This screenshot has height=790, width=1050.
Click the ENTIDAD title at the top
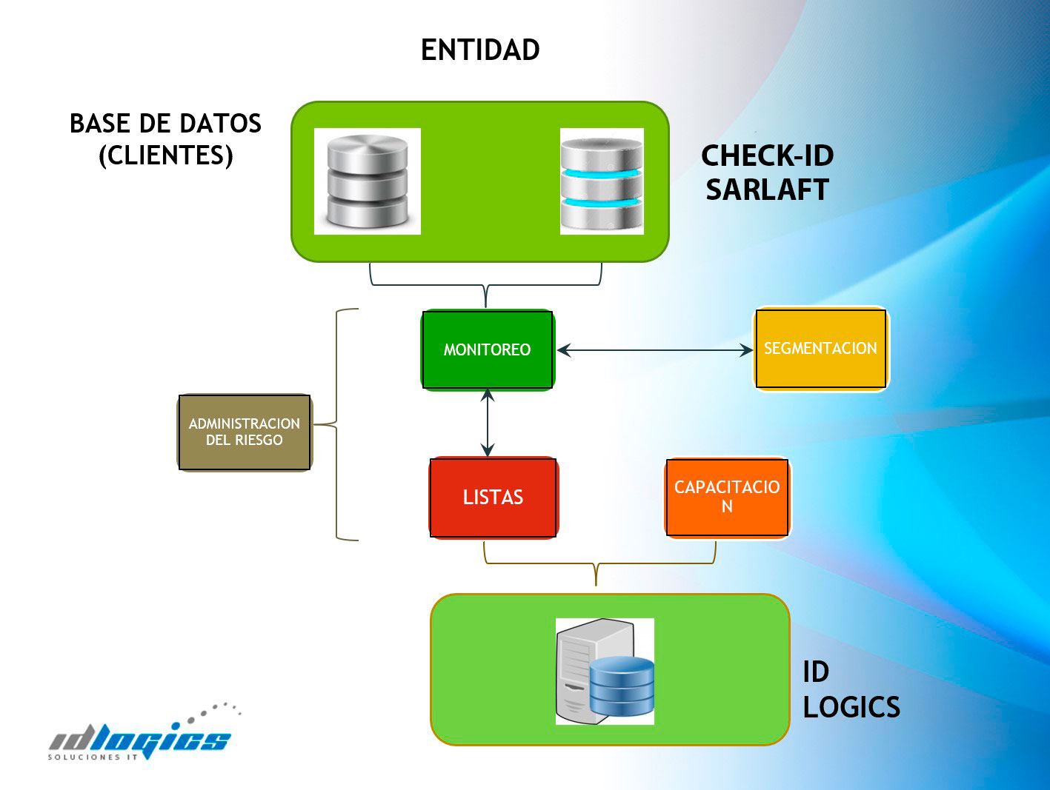point(480,50)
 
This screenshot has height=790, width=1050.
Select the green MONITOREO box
point(488,350)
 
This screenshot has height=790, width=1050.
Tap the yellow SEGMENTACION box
point(821,349)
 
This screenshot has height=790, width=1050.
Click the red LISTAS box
point(494,498)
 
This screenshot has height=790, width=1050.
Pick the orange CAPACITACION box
point(727,497)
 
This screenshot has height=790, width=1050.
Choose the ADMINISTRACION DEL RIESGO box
point(245,432)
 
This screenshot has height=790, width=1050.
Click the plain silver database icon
point(368,181)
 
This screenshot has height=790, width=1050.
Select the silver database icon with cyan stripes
point(602,181)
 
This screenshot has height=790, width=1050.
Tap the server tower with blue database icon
point(605,671)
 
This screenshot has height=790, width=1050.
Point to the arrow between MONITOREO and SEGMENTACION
point(655,350)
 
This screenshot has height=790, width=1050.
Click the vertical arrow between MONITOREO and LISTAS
point(488,423)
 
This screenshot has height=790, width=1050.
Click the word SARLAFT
point(768,190)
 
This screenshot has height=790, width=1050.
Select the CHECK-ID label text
point(768,155)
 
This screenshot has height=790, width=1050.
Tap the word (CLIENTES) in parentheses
point(166,155)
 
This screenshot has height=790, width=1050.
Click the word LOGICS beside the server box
point(851,707)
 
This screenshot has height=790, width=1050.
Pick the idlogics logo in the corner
point(144,732)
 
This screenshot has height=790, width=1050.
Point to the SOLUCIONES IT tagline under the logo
point(93,757)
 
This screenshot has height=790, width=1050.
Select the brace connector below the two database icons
point(485,285)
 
